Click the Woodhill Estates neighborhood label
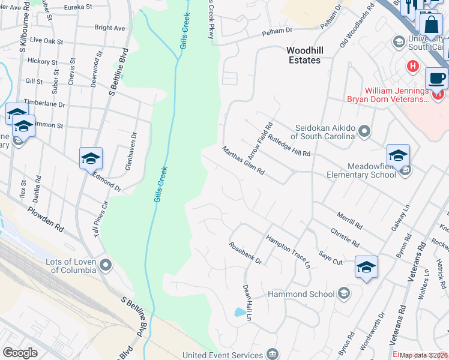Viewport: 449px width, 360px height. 312,55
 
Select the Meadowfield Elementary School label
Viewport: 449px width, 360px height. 362,170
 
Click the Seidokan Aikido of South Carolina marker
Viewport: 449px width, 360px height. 364,131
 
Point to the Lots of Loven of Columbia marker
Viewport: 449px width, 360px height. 106,265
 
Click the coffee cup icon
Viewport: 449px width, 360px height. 436,79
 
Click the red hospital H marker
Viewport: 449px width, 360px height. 412,65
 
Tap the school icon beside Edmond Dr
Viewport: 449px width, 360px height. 91,158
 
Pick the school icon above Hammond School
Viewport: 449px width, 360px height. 366,267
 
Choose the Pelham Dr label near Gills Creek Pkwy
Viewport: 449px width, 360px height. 276,30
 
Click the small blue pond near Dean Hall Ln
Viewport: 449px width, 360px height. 240,312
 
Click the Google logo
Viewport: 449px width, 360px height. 20,353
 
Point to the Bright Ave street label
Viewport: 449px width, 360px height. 110,28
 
